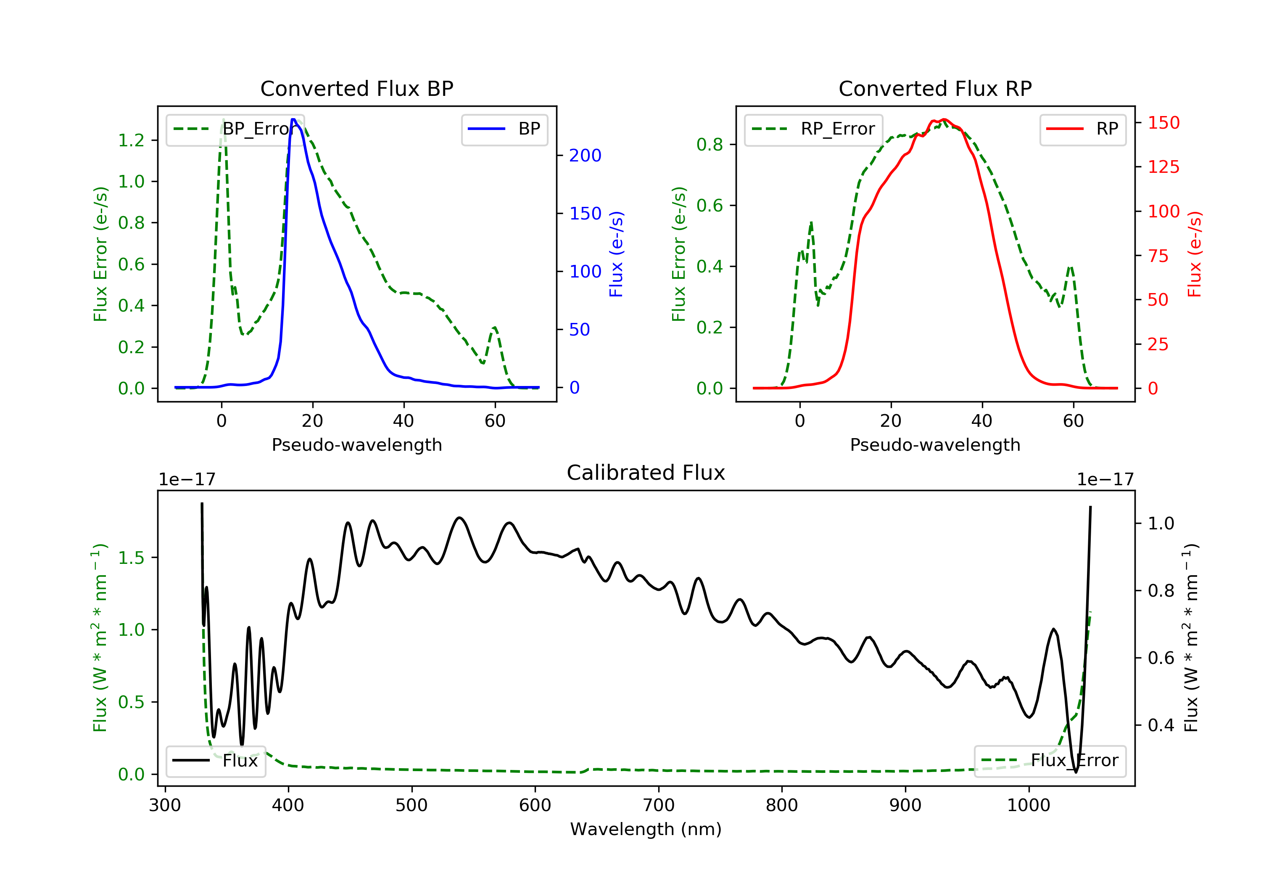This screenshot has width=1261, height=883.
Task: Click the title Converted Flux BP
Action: tap(357, 88)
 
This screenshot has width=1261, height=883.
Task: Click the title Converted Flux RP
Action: tap(935, 88)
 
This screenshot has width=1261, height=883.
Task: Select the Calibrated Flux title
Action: tap(646, 473)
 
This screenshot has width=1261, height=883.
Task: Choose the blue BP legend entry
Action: tap(504, 129)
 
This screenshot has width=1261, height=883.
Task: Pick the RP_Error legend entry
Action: tap(813, 129)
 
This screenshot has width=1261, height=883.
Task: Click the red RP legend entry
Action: tap(1082, 129)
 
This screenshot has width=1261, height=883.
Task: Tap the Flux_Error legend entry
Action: tap(1050, 761)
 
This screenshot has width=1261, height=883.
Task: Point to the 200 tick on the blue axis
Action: tap(586, 156)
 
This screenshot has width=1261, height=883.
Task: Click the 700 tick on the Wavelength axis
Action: tap(659, 806)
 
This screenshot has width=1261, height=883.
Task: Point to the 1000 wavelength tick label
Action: tap(1029, 806)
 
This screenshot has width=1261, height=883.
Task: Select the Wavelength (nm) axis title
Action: tap(646, 829)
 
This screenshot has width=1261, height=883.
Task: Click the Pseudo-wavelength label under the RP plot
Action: tap(935, 445)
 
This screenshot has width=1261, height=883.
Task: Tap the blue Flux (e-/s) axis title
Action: tap(616, 254)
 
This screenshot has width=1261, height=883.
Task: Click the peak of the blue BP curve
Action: tap(294, 119)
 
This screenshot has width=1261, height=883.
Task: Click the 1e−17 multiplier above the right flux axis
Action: tap(1105, 480)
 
